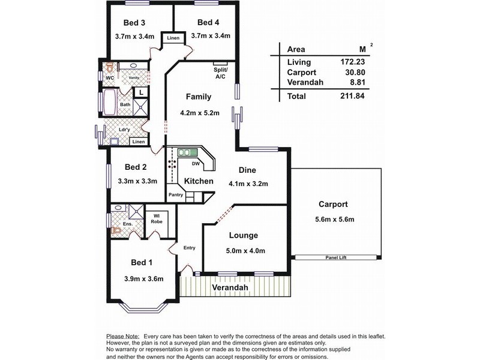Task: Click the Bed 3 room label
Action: coord(134,23)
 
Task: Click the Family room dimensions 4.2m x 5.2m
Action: coord(200,112)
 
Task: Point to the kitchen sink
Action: coord(184,153)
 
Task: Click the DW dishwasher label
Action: coord(195,163)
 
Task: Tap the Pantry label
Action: coord(175,194)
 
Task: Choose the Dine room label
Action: coord(248,170)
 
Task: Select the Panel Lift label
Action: coord(337,257)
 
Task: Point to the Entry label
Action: coord(190,247)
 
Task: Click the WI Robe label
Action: coord(157,218)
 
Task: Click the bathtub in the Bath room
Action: coord(110,103)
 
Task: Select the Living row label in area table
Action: coord(299,62)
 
